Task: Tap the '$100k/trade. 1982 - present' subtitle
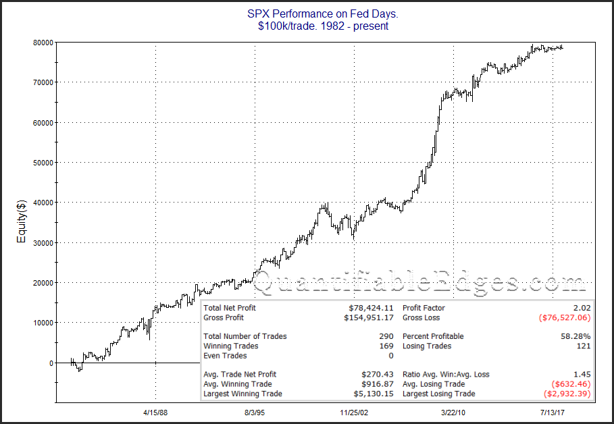(x=307, y=26)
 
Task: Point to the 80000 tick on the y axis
(x=42, y=42)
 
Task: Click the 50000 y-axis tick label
(x=42, y=163)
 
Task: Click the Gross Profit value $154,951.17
(x=369, y=317)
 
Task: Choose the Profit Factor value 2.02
(x=581, y=308)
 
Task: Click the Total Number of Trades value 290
(x=386, y=336)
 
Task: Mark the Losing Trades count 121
(x=583, y=346)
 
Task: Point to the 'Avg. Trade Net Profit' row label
(x=240, y=374)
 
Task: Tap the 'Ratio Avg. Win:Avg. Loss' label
(x=446, y=374)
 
